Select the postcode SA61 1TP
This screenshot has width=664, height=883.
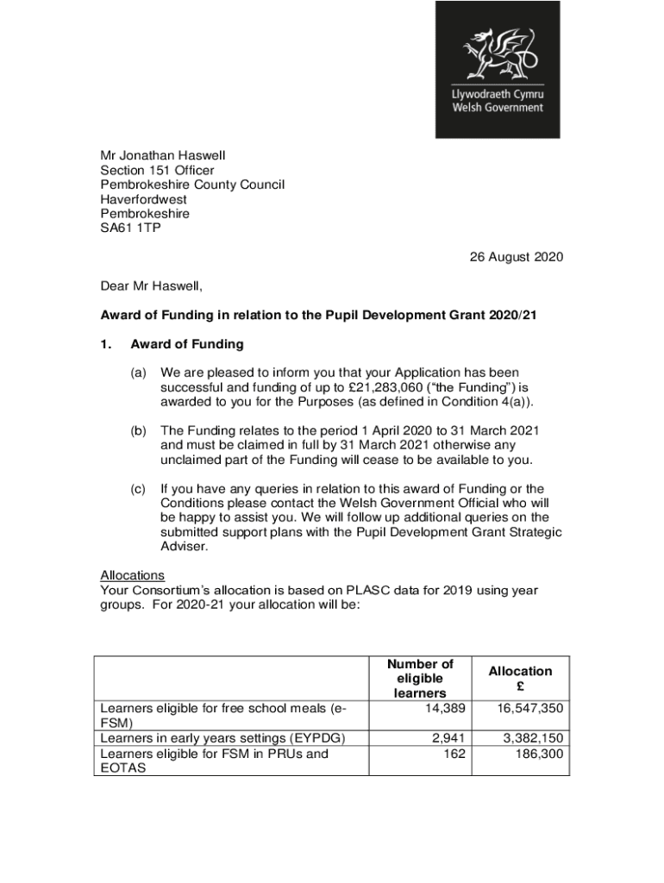(130, 229)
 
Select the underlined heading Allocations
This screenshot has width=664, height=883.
(132, 575)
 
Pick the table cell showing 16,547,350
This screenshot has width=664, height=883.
(529, 708)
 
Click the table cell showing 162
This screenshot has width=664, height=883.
(454, 754)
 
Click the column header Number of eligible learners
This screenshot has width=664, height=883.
(420, 679)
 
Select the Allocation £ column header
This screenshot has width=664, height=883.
(520, 679)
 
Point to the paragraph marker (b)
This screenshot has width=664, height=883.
(138, 430)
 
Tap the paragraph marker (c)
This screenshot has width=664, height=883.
(138, 489)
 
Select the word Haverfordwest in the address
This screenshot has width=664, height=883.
(143, 199)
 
